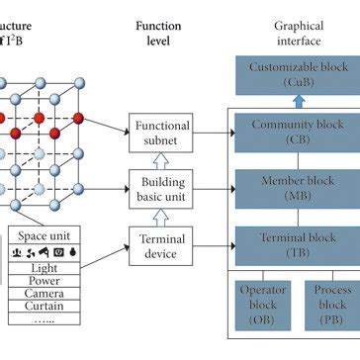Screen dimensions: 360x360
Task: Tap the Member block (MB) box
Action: pos(297,188)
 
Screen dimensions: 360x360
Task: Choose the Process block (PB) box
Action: pos(332,304)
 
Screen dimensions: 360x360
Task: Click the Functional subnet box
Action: pos(162,134)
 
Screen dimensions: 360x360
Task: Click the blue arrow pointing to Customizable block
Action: pos(297,101)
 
